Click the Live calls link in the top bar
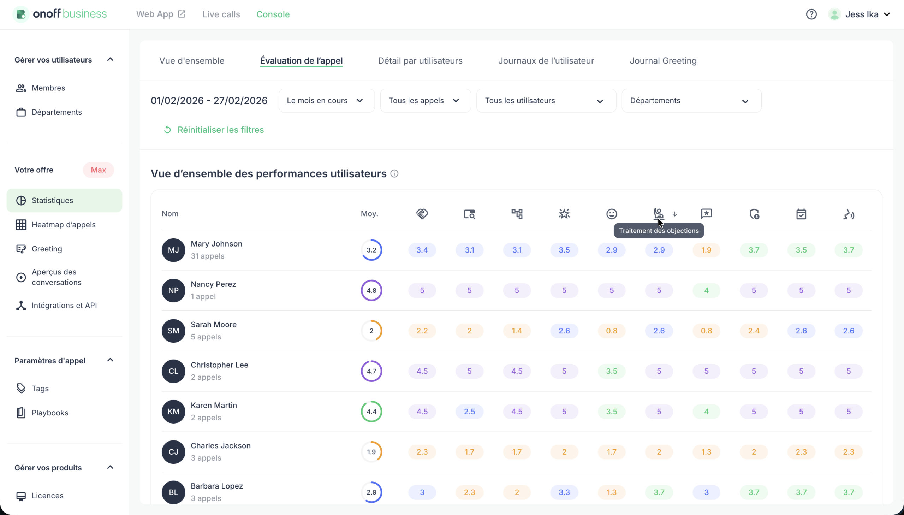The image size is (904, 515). click(x=221, y=14)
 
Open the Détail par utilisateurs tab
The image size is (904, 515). click(x=420, y=60)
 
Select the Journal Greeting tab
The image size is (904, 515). click(x=663, y=60)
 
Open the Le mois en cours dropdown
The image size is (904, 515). click(x=326, y=100)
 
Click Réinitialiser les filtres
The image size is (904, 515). click(x=220, y=130)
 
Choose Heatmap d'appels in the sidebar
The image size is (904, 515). click(x=63, y=225)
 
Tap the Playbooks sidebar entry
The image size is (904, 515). click(x=50, y=413)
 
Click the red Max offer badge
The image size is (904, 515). click(x=98, y=170)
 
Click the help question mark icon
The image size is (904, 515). click(x=811, y=14)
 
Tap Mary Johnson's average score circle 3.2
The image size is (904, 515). click(x=371, y=250)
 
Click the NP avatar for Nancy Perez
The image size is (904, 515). click(x=173, y=290)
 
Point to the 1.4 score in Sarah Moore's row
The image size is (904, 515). click(x=517, y=331)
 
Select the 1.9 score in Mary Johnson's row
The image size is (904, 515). click(x=706, y=250)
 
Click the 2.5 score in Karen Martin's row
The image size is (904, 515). click(x=469, y=412)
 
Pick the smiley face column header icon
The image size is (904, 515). click(x=611, y=214)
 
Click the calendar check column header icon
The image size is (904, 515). click(x=801, y=214)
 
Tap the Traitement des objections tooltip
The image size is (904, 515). click(x=659, y=231)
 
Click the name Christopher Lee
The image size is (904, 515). click(x=219, y=365)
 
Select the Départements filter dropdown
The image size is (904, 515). click(x=691, y=100)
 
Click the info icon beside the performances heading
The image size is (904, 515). click(x=394, y=174)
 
